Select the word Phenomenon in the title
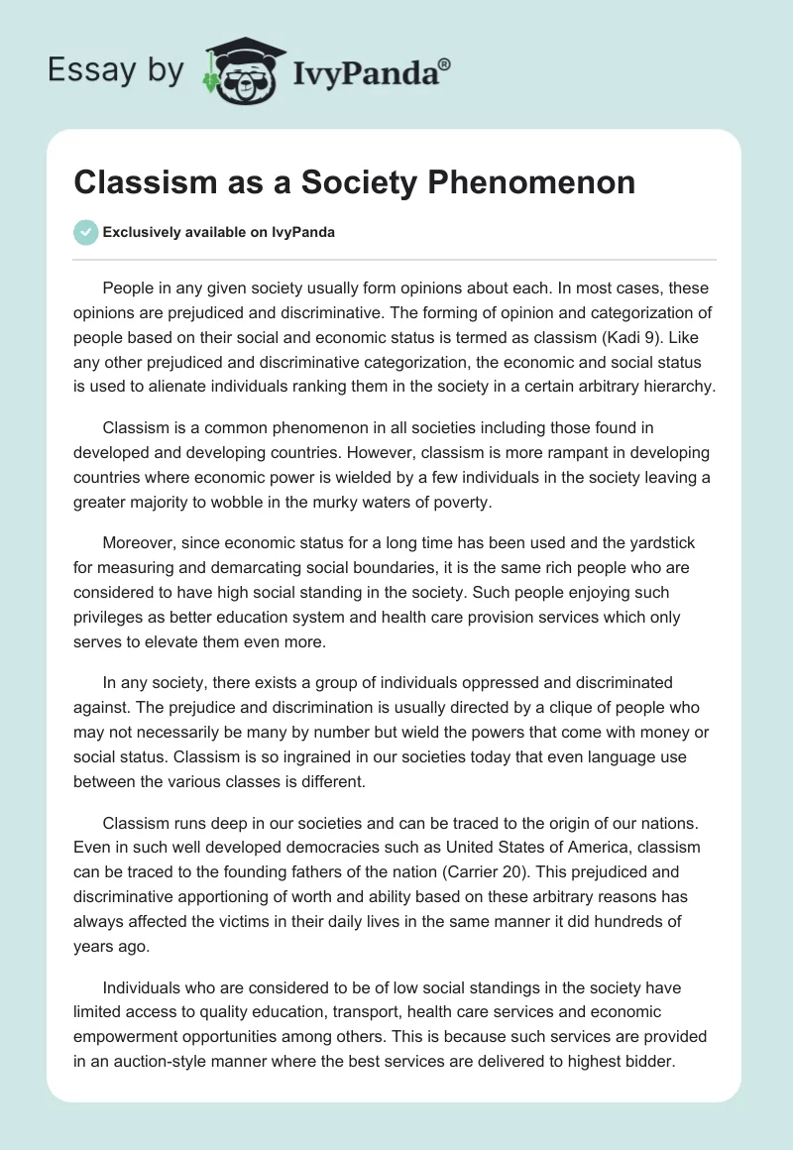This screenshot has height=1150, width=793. pos(538,183)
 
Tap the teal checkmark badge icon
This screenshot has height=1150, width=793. pos(85,232)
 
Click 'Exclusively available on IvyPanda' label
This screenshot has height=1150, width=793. pos(218,232)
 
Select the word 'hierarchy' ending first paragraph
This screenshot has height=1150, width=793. pos(679,387)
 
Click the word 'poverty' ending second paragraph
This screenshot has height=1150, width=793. pos(456,502)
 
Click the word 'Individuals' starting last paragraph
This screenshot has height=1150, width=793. pos(145,987)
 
